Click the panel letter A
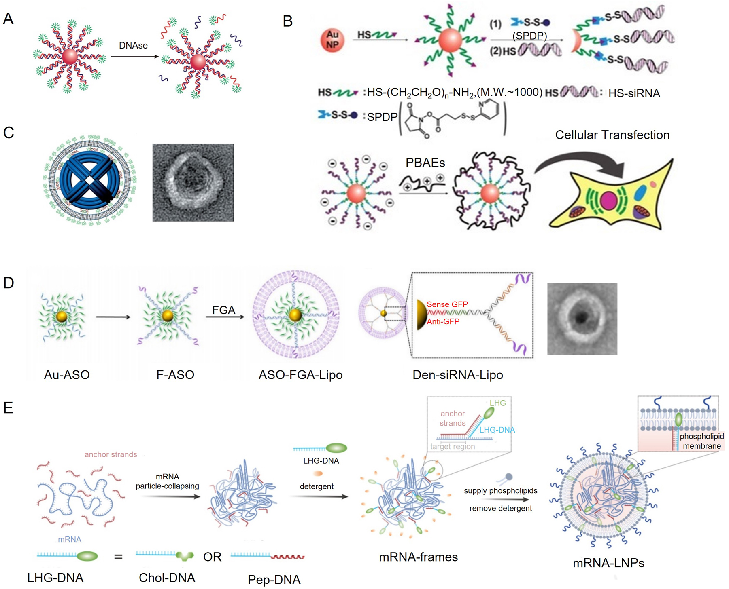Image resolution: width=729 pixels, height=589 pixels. pos(8,19)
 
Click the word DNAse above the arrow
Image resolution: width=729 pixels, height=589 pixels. pos(133,45)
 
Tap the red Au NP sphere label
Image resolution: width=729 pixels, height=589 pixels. pos(332,40)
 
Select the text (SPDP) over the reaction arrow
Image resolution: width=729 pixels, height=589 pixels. pos(529,36)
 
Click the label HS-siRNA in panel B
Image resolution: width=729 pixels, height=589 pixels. pos(634,93)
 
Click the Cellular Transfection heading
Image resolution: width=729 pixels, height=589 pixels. pos(612,135)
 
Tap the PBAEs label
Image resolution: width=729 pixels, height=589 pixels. pos(425,163)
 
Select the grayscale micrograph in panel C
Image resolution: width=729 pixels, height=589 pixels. pos(193,182)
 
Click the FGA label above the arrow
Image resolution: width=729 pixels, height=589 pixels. pos(223,310)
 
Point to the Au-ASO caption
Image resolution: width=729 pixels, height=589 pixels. pos(67,375)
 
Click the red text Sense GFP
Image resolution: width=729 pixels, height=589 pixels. pos(447,304)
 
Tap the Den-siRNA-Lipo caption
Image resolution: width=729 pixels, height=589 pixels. pos(457,375)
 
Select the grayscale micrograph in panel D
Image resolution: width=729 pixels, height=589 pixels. pos(582,319)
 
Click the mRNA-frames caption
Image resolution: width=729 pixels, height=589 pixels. pos(418,557)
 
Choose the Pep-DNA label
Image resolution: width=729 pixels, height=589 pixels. pos(274,580)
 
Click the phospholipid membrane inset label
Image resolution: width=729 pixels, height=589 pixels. pos(701,441)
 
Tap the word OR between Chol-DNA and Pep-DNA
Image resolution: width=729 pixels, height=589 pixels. pos(212,557)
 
